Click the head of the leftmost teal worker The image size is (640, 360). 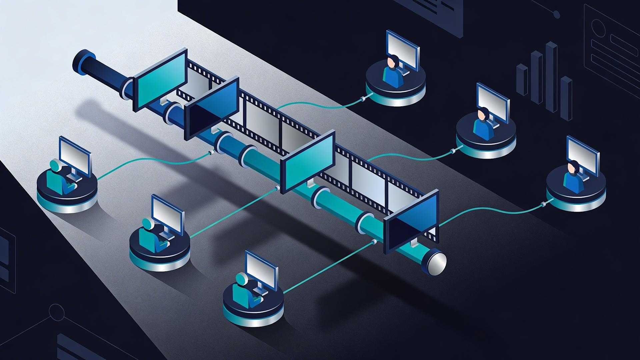point(55,166)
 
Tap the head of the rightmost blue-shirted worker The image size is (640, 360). point(573,167)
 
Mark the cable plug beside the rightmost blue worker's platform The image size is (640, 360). point(543,203)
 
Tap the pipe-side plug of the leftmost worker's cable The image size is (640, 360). point(210,153)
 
